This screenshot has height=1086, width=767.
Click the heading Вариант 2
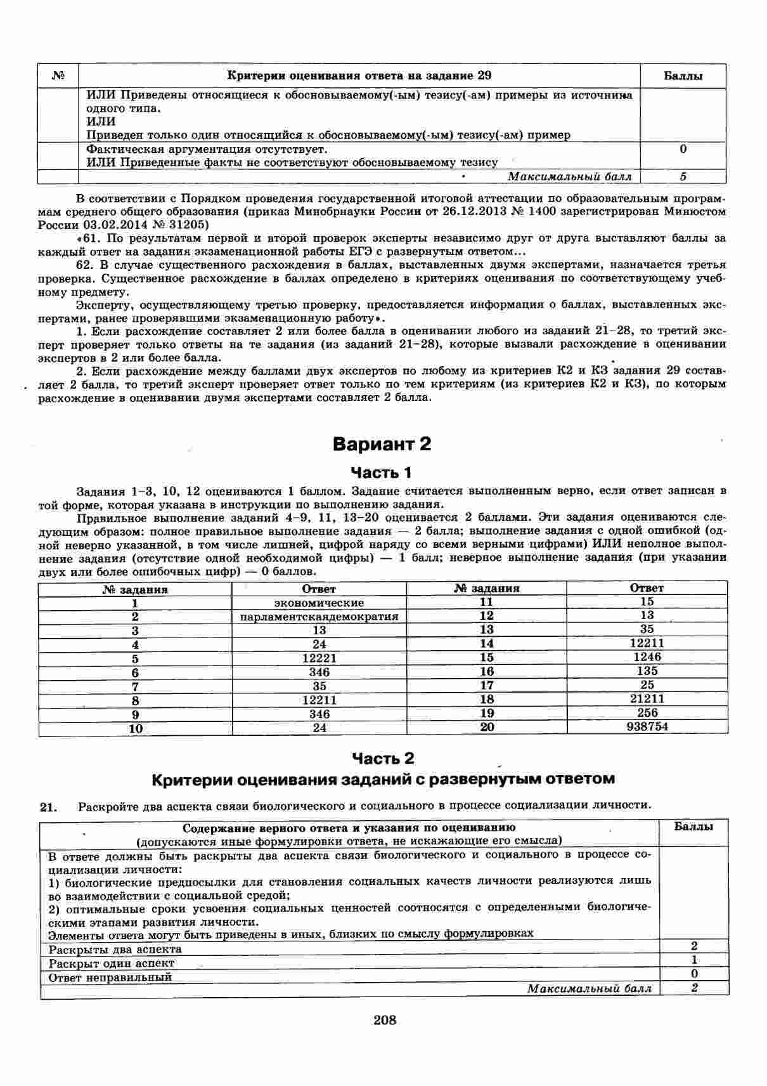pyautogui.click(x=382, y=444)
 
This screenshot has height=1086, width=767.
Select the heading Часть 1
pyautogui.click(x=382, y=473)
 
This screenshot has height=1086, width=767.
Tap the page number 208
pyautogui.click(x=385, y=1020)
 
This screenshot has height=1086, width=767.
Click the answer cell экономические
pyautogui.click(x=319, y=603)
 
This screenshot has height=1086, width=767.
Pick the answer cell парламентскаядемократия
pyautogui.click(x=319, y=617)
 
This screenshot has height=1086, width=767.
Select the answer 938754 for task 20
pyautogui.click(x=647, y=727)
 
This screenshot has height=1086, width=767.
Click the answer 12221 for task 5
pyautogui.click(x=319, y=658)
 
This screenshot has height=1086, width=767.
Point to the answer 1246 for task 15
pyautogui.click(x=647, y=657)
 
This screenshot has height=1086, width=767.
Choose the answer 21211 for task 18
pyautogui.click(x=647, y=699)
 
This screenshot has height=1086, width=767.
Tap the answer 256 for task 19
pyautogui.click(x=647, y=713)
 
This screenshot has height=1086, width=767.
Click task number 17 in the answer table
pyautogui.click(x=487, y=685)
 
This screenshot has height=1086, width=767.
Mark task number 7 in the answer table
pyautogui.click(x=135, y=686)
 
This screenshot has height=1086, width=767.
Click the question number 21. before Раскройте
pyautogui.click(x=49, y=807)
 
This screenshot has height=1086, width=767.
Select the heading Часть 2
pyautogui.click(x=382, y=759)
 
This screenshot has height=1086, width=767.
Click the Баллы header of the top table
pyautogui.click(x=683, y=77)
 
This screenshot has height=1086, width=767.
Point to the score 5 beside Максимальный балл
pyautogui.click(x=683, y=177)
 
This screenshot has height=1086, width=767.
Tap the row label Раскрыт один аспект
pyautogui.click(x=112, y=964)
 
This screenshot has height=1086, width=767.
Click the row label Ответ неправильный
pyautogui.click(x=110, y=978)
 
